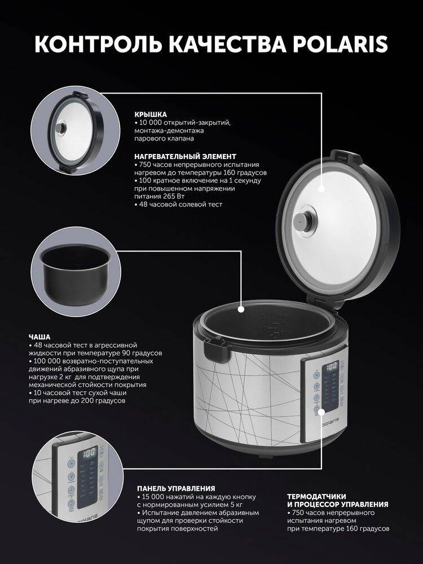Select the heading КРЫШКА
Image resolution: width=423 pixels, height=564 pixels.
[151, 114]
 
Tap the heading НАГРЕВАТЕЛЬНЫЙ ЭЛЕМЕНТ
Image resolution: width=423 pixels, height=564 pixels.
[185, 156]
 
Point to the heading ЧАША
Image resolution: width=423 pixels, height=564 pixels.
[39, 337]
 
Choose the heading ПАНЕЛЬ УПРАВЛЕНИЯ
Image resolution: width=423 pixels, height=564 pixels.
[176, 488]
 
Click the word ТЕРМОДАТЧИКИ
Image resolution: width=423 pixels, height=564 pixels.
[316, 497]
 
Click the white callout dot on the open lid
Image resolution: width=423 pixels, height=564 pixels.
[321, 188]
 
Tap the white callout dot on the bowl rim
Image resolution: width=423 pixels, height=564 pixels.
[241, 309]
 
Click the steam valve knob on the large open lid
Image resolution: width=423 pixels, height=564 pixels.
[302, 220]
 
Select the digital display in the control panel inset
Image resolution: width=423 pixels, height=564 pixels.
[88, 452]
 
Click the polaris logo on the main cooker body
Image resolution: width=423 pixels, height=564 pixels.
[329, 424]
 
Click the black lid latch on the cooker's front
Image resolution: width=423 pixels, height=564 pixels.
[215, 349]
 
